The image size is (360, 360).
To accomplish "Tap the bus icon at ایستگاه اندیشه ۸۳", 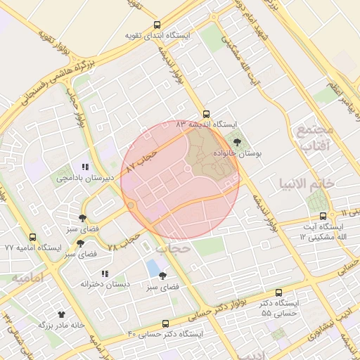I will [x=206, y=112].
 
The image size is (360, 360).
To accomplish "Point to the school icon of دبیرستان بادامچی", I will [x=85, y=167].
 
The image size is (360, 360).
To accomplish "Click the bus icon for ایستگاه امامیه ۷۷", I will [x=33, y=238].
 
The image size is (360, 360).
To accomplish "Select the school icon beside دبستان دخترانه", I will [x=105, y=274].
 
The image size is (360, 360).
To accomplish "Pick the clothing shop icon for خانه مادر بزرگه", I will [x=61, y=314].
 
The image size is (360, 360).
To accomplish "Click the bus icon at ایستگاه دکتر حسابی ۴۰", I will [x=165, y=323].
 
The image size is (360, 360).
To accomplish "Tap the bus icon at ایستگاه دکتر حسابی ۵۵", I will [x=279, y=292].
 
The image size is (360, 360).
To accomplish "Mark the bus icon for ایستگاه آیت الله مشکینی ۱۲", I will [x=323, y=216].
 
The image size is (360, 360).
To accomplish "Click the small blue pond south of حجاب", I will [x=153, y=268].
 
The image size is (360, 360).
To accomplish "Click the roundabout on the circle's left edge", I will [x=131, y=205].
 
